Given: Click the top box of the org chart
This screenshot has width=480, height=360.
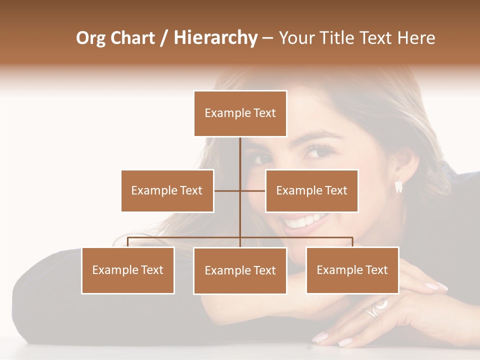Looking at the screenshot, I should [240, 113].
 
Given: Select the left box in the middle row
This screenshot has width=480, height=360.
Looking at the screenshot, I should [167, 190].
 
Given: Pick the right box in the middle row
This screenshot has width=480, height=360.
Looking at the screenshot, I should [311, 190].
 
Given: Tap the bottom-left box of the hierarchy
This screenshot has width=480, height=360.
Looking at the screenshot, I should [128, 270].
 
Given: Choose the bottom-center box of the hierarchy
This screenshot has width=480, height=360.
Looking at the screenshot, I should [240, 270].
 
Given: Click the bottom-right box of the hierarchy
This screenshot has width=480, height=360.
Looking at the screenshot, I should [352, 270].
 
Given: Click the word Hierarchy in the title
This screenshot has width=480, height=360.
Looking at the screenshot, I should [215, 38].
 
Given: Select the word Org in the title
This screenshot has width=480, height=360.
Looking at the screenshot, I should [91, 38].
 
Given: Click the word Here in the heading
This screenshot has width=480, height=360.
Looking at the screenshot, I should [416, 38].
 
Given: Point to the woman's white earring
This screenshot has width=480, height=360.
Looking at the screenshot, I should [398, 186].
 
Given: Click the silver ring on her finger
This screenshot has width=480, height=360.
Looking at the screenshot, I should [373, 309].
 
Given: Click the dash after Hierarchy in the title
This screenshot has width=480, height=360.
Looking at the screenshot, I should [267, 38].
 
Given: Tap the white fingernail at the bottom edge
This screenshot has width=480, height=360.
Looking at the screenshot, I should [345, 342].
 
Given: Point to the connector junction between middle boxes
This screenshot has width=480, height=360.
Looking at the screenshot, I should [240, 190].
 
